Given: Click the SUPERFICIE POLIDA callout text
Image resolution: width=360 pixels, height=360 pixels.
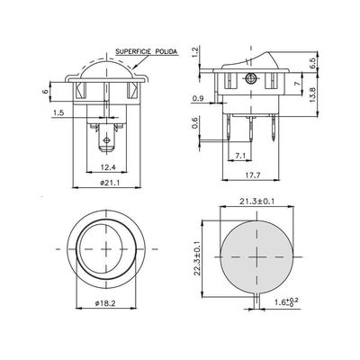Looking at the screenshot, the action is tap(147, 51).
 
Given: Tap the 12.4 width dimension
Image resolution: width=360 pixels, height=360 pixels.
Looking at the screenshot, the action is tap(108, 167).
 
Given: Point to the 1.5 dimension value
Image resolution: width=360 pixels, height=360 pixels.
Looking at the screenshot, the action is tap(58, 112).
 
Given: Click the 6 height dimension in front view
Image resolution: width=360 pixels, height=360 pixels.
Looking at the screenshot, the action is tap(46, 92).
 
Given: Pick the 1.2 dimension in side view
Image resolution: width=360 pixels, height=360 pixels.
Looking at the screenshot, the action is tap(195, 52).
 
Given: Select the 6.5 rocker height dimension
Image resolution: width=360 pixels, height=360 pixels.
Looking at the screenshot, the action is tap(312, 63).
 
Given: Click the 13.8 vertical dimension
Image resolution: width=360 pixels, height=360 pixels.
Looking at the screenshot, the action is tap(312, 94).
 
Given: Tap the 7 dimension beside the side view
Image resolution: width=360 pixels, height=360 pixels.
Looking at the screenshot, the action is tap(297, 84).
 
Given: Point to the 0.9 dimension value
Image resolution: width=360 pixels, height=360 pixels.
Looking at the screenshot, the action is tap(198, 98).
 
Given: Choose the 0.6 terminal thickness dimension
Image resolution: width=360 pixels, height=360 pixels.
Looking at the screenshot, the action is tap(195, 123).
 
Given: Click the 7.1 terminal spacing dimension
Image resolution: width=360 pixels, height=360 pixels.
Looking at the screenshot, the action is tap(240, 156).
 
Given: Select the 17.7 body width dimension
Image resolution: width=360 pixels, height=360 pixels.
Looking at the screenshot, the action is tap(251, 175).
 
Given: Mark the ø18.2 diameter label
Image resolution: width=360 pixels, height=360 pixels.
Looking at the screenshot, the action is tap(105, 303).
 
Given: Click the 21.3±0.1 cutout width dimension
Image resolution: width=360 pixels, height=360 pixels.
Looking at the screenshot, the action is tap(256, 202).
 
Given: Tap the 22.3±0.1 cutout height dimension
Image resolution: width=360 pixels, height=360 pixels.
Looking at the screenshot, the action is tap(197, 258).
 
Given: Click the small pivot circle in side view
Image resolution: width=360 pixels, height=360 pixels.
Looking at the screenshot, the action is tap(250, 78).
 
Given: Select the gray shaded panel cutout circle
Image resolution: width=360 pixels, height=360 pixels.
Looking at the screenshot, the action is tap(256, 256).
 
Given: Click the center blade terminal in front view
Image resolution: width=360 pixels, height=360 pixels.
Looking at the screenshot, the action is tap(106, 139).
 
